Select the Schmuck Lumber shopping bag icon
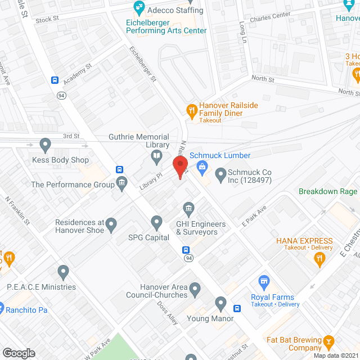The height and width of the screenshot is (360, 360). (202, 166)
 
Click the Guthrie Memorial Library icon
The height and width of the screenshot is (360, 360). (158, 156)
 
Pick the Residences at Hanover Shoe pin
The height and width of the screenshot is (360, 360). (111, 226)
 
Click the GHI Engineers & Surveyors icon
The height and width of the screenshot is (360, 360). (189, 209)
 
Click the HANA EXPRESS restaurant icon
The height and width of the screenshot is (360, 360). (319, 258)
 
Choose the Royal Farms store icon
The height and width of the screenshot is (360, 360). (263, 281)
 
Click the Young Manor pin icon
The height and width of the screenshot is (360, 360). (221, 304)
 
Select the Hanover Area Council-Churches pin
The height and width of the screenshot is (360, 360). (195, 290)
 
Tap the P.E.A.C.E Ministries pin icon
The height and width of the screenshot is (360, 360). (63, 273)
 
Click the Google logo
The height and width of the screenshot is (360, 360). (19, 353)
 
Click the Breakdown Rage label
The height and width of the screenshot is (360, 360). (328, 191)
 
